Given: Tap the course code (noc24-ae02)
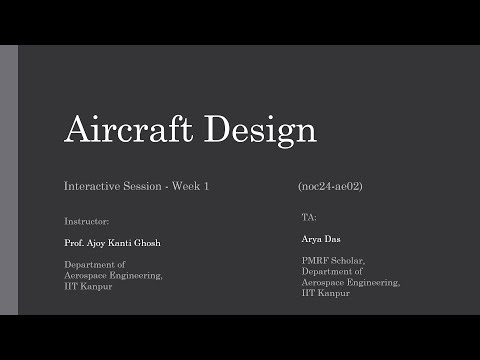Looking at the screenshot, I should pyautogui.click(x=334, y=187).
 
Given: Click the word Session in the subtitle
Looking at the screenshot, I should pyautogui.click(x=142, y=187).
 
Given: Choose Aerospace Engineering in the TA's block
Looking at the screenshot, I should pyautogui.click(x=351, y=282).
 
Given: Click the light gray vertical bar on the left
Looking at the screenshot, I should pyautogui.click(x=9, y=179).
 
